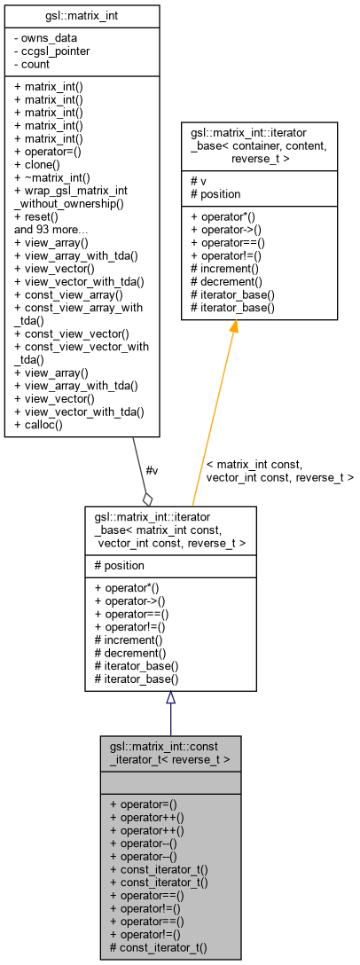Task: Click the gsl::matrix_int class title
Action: pyautogui.click(x=82, y=16)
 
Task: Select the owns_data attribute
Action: pyautogui.click(x=45, y=38)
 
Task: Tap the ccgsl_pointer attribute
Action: pyautogui.click(x=51, y=51)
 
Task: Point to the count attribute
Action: pyautogui.click(x=35, y=64)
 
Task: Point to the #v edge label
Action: pyautogui.click(x=152, y=470)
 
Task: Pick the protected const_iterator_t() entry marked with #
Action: pyautogui.click(x=159, y=947)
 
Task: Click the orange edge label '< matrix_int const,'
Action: pyautogui.click(x=254, y=464)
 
